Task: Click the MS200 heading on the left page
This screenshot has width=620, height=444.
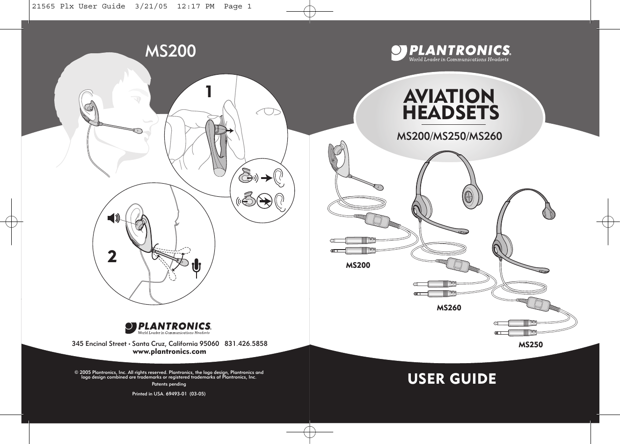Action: tap(170, 51)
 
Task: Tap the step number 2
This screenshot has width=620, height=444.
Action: tap(112, 256)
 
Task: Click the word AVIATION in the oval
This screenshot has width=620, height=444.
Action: tap(449, 96)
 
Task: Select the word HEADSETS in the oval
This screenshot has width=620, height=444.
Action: tap(451, 113)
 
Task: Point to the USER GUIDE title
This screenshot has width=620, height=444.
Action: tap(452, 379)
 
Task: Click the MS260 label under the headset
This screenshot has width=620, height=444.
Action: tap(449, 308)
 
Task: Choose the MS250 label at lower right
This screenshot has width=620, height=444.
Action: tap(530, 344)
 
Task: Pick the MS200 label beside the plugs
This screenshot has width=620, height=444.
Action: tap(357, 265)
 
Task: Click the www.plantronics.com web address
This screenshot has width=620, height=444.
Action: tap(170, 351)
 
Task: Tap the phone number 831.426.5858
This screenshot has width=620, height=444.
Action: tap(246, 344)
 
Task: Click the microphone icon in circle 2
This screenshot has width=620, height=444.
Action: tap(197, 266)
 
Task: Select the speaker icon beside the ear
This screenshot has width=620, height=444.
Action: tap(113, 217)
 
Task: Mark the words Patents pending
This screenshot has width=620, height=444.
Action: tap(169, 384)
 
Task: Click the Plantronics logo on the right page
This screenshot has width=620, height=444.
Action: tap(451, 52)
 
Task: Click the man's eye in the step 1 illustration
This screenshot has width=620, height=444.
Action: tap(268, 112)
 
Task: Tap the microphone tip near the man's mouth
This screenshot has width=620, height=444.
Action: tap(138, 131)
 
